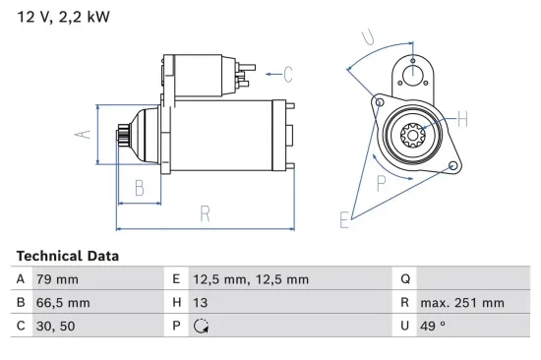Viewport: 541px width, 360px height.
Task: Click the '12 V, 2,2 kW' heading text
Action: (62, 17)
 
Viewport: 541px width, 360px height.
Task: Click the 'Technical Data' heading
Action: (68, 256)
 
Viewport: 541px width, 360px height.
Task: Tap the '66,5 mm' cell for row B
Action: (63, 303)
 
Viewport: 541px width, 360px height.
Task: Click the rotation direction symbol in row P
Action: (204, 327)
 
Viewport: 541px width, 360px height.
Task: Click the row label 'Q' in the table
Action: (405, 279)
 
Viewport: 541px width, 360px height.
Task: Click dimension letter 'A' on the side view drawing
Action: (84, 134)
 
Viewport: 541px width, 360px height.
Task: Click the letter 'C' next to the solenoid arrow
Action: (288, 71)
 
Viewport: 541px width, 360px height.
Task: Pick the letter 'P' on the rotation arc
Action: (381, 181)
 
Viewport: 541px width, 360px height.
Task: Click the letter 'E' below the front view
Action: (344, 220)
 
